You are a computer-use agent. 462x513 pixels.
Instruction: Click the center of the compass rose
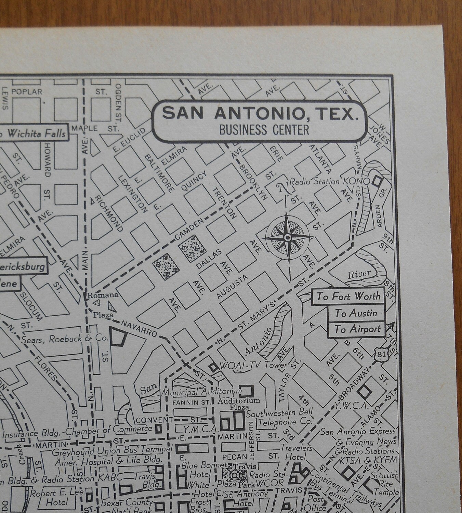point(288,237)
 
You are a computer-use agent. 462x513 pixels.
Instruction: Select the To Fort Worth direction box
point(348,296)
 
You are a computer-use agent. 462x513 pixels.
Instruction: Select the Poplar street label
point(27,92)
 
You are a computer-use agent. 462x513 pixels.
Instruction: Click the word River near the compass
point(359,274)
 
